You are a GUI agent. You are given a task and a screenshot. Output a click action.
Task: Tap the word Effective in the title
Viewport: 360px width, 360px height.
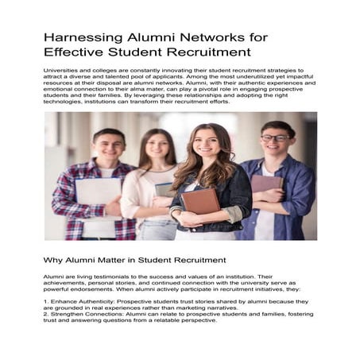pyautogui.click(x=78, y=53)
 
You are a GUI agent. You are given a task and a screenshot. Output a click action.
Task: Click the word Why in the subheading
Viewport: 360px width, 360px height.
pyautogui.click(x=55, y=260)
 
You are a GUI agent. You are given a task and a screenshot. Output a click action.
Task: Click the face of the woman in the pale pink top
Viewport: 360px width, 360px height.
pyautogui.click(x=159, y=148)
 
